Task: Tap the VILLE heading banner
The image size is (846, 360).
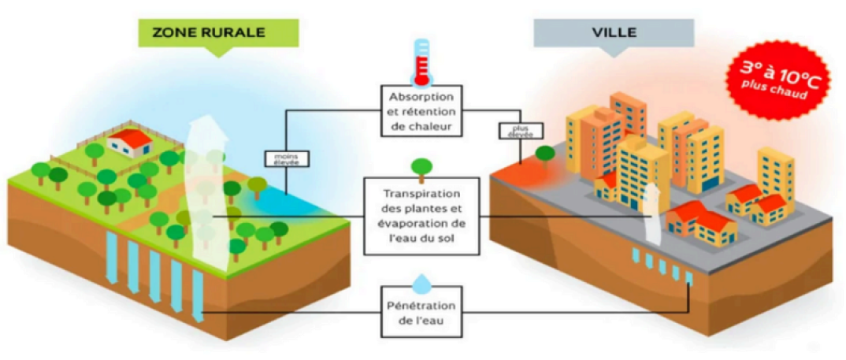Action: (613, 33)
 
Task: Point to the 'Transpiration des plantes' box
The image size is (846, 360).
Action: (422, 215)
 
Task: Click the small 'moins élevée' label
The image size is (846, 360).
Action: (287, 158)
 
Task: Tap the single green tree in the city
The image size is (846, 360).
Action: (545, 152)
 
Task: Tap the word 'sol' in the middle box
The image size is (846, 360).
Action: (450, 237)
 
